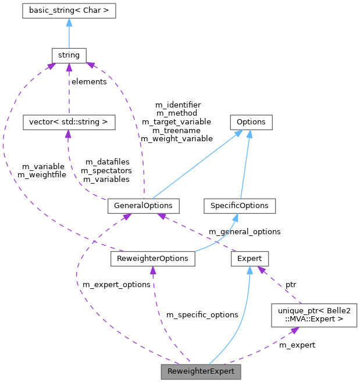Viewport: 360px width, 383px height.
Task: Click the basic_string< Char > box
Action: point(69,10)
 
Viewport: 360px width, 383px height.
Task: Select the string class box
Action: point(69,55)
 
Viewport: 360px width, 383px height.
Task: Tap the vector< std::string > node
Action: point(68,122)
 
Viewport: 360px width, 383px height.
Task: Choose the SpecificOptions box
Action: point(240,206)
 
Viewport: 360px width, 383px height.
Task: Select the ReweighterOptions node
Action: point(152,258)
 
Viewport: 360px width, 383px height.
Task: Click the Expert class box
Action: point(249,258)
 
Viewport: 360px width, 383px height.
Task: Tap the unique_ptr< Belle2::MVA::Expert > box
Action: point(314,314)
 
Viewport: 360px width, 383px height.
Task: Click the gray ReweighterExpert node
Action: point(201,371)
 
